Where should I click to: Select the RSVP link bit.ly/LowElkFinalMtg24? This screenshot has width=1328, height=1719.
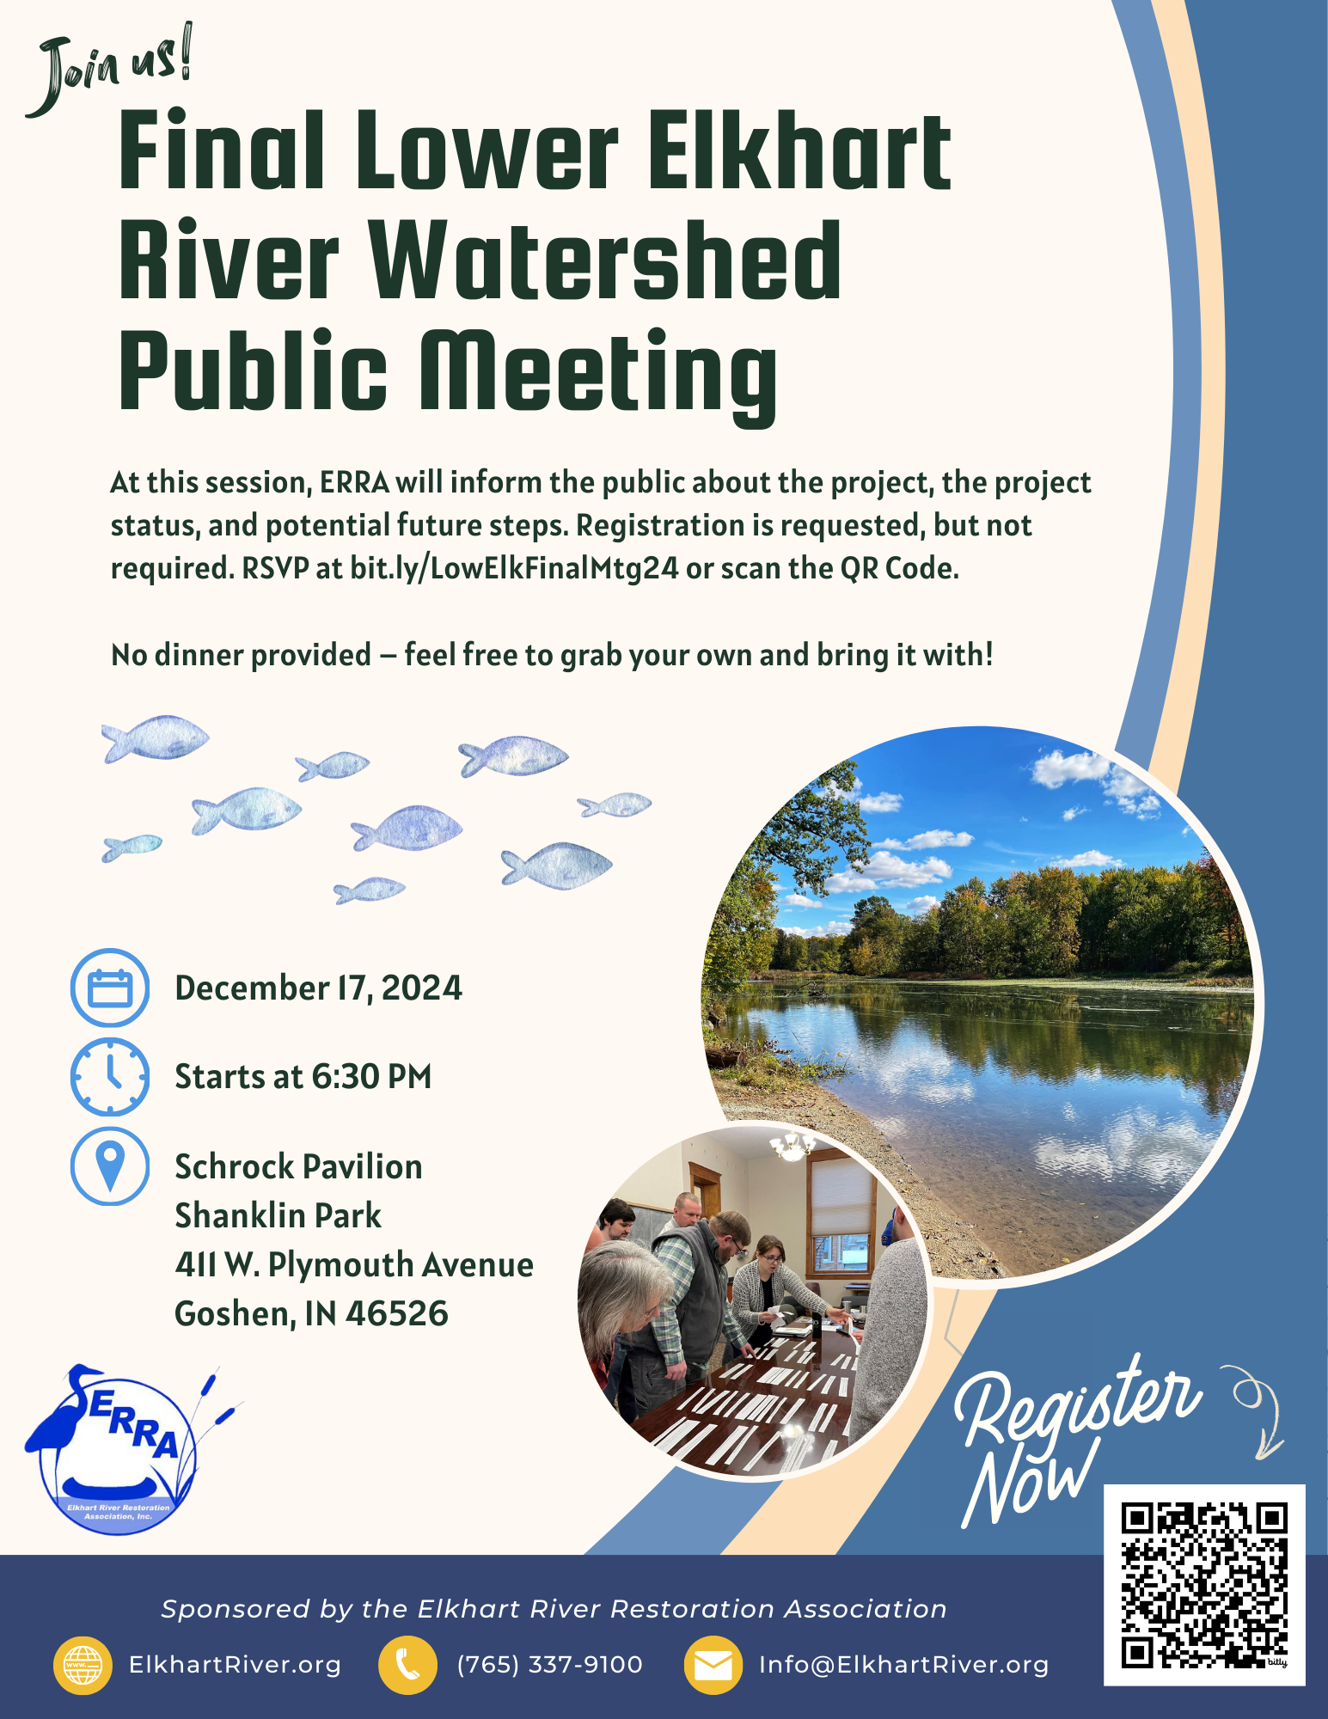tap(514, 569)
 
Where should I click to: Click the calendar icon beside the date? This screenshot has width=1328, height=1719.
tap(110, 988)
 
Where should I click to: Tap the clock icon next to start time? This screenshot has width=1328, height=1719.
tap(110, 1077)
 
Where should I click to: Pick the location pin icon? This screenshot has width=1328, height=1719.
tap(110, 1166)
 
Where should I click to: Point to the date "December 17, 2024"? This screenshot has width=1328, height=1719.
tap(318, 988)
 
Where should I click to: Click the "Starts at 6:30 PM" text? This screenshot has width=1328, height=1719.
tap(303, 1077)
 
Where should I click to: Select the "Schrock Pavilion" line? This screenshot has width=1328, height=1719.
tap(298, 1167)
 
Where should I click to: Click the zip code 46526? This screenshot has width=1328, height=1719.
tap(397, 1314)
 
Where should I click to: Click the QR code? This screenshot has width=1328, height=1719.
tap(1204, 1584)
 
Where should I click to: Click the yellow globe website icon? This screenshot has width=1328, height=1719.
tap(83, 1666)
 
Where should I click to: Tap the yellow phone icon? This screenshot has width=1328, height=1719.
tap(407, 1666)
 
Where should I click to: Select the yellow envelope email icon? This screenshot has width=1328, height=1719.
tap(713, 1666)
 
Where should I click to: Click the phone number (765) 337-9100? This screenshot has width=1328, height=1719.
tap(550, 1665)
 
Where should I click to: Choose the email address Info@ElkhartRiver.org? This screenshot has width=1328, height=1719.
tap(903, 1665)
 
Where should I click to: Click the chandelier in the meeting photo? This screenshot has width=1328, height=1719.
tap(792, 1145)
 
